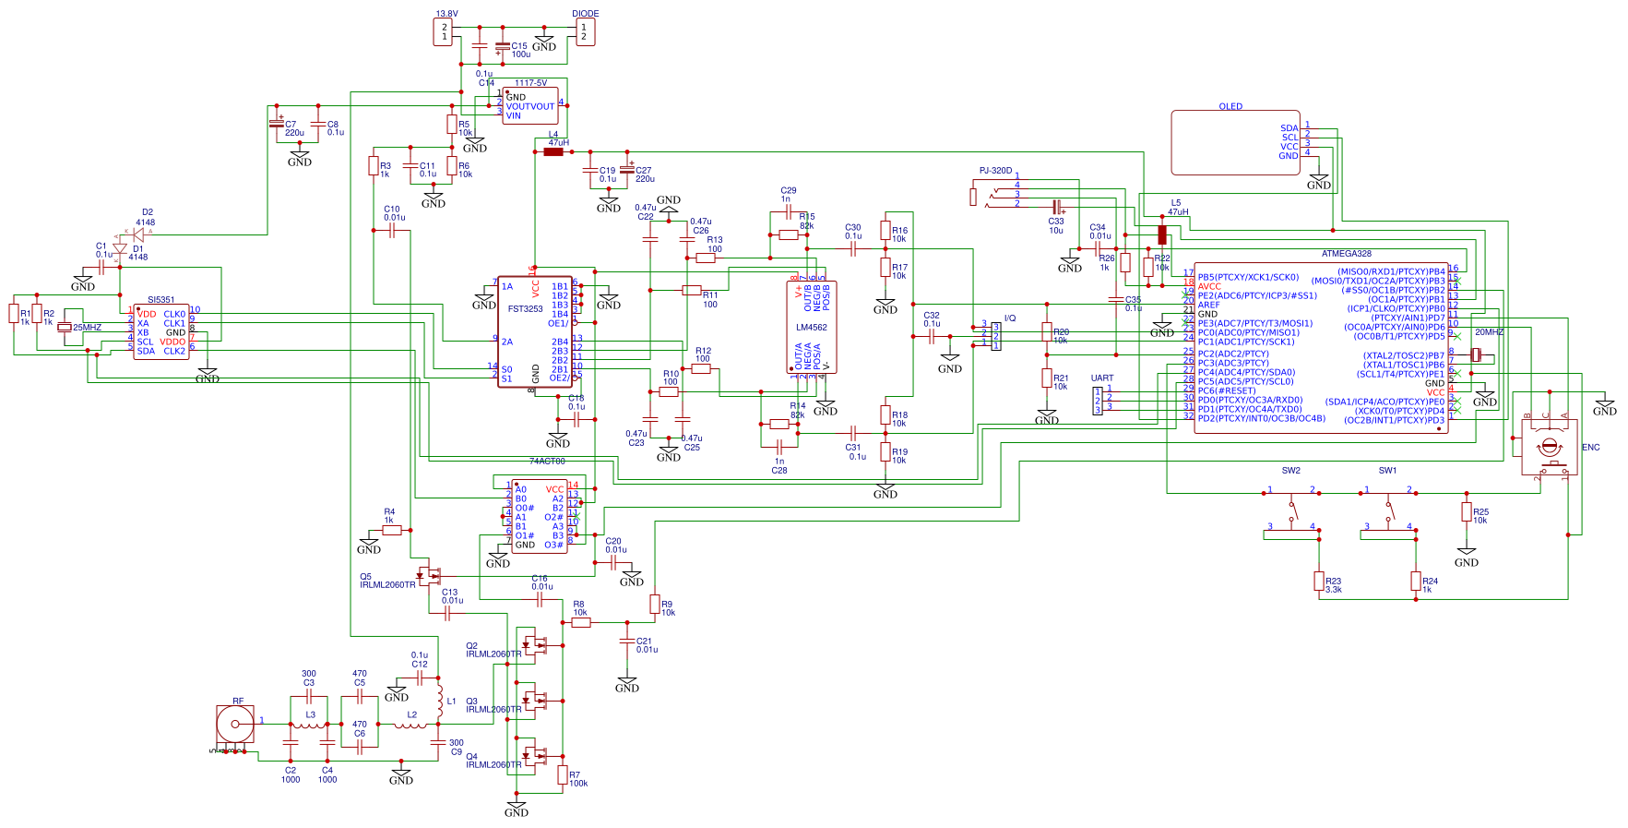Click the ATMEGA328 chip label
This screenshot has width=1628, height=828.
tap(1346, 254)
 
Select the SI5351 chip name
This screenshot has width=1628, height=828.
tap(160, 300)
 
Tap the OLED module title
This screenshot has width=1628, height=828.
tap(1230, 107)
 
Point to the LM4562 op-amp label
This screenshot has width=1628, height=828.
tap(812, 328)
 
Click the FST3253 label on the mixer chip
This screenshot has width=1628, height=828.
tap(525, 309)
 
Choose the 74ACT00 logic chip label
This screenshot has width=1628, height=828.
tap(547, 462)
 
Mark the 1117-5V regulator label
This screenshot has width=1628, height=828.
tap(530, 83)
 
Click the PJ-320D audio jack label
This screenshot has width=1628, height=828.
tap(995, 171)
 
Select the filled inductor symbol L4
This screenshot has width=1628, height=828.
tap(553, 151)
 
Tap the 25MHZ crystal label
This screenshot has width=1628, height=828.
tap(87, 328)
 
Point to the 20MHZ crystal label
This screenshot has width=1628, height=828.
tap(1489, 332)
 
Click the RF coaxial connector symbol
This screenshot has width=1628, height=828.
tap(234, 725)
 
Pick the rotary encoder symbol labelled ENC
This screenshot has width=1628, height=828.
tap(1549, 449)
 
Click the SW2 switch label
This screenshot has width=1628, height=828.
tap(1290, 471)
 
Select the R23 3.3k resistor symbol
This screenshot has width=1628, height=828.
tap(1319, 581)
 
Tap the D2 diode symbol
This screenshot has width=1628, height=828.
tap(138, 235)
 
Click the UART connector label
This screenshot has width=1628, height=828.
tap(1102, 378)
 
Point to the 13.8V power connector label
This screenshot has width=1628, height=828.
tap(446, 14)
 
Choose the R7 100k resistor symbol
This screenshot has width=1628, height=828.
tap(563, 775)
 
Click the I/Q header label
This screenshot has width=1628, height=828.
tap(1010, 318)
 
